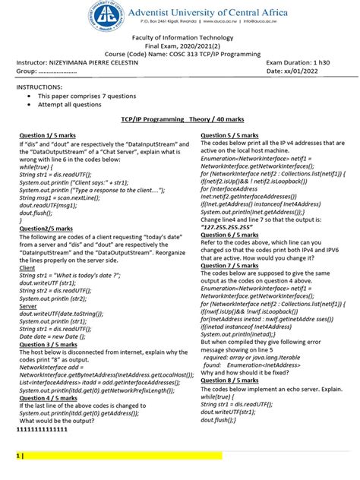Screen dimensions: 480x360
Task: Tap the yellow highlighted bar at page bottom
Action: pyautogui.click(x=122, y=456)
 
